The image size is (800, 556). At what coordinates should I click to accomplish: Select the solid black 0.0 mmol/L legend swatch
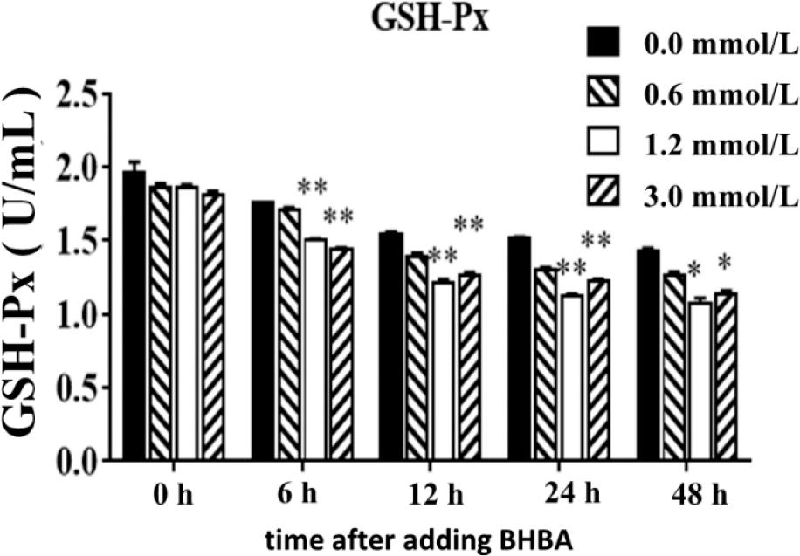[x=603, y=44]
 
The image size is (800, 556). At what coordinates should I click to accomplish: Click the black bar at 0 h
[x=134, y=315]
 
